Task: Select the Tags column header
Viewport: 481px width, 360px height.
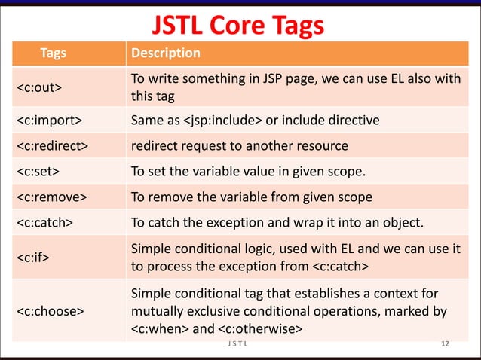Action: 53,53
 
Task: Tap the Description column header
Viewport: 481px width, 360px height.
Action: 166,53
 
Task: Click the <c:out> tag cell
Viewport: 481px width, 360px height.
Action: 40,89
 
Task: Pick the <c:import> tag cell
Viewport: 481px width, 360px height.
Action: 50,120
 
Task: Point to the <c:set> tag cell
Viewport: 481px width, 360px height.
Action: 39,172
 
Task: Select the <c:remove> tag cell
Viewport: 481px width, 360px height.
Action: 51,197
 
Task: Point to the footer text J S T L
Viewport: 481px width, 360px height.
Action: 239,345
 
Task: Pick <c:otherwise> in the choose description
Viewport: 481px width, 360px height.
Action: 260,328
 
